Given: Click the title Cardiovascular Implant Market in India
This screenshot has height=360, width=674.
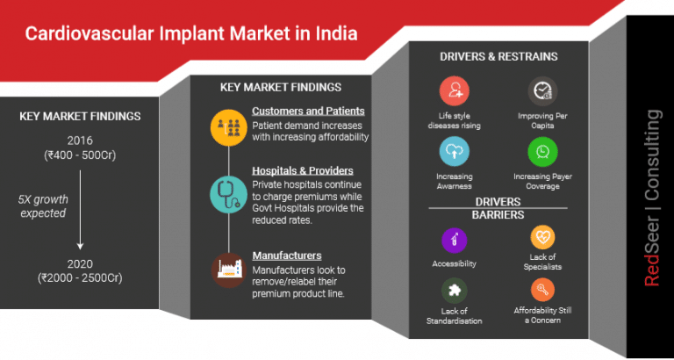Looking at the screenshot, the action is (x=191, y=33).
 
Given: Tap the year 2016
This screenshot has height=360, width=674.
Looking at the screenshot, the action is (x=80, y=140).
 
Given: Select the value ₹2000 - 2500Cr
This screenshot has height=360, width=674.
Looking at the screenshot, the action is (x=80, y=277).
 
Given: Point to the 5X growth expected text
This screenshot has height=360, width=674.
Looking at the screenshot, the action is (x=43, y=206).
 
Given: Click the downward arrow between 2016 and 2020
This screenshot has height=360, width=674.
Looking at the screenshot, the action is (x=80, y=210).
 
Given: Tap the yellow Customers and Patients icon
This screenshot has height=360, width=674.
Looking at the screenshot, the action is (x=228, y=127).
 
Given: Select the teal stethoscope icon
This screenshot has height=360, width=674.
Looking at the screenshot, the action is (x=228, y=194).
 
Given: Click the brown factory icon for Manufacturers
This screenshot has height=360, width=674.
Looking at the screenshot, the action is (x=228, y=270).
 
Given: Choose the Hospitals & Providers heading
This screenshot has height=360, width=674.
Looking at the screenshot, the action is (x=303, y=170).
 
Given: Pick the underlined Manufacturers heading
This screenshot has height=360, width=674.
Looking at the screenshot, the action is (x=287, y=256).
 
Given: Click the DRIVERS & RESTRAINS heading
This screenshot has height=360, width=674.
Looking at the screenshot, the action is (x=498, y=56).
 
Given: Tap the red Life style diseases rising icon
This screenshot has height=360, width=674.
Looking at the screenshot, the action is (x=455, y=91).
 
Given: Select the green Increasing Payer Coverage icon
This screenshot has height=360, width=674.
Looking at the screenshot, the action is (x=543, y=152).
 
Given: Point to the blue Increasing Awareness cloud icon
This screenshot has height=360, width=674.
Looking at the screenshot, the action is (x=455, y=152).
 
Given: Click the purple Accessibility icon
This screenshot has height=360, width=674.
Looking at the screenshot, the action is (x=455, y=240).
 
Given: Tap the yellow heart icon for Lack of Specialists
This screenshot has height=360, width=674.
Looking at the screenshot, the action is (x=543, y=237).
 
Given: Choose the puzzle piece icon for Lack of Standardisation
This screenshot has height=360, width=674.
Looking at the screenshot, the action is (x=455, y=291).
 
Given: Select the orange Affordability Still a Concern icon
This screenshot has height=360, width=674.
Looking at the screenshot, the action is (x=543, y=291).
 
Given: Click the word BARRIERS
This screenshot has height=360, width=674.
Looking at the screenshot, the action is (x=498, y=215).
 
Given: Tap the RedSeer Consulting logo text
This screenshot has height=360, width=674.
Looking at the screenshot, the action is (x=652, y=198).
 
